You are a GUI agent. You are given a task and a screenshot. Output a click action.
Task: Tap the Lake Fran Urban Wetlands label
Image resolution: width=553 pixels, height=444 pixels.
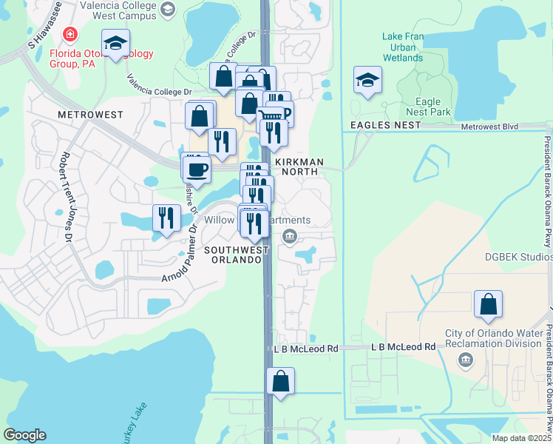coord(403,47)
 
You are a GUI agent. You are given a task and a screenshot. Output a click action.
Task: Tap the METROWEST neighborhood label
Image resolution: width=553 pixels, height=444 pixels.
coord(89,115)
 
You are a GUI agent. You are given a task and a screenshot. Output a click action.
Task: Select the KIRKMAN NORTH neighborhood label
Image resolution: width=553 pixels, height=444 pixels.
coord(296,166)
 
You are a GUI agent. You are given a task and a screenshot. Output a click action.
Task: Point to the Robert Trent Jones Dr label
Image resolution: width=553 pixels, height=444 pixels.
coord(66,197)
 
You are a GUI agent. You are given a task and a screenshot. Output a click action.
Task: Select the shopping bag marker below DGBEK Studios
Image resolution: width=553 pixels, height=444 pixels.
coord(488,305)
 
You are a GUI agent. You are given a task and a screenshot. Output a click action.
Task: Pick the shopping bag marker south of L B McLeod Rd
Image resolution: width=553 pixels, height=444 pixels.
coord(281,383)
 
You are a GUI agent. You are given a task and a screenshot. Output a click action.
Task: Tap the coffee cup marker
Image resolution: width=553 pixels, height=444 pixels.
coord(197,169)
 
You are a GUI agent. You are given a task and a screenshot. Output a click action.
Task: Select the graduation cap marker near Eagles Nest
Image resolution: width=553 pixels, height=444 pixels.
coord(367,80)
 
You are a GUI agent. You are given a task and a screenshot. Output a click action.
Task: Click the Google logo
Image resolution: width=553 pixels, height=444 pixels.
coord(25,434)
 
